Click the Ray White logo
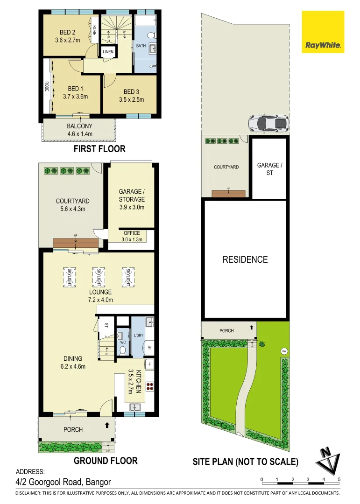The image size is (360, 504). (323, 32)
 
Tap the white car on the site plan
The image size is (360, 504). (268, 123)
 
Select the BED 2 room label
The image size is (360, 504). (68, 32)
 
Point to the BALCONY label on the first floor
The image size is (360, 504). (79, 126)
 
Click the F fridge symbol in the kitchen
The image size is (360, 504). (149, 364)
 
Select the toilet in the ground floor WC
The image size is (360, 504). (123, 350)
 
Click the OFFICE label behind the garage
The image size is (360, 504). (132, 233)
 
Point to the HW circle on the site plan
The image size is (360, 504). (283, 351)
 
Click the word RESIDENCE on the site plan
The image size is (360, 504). (245, 259)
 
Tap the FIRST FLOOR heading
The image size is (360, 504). (99, 149)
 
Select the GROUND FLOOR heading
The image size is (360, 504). (106, 461)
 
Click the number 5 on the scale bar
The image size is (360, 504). (339, 479)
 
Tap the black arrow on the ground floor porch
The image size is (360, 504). (107, 425)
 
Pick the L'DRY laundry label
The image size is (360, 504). (139, 336)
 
